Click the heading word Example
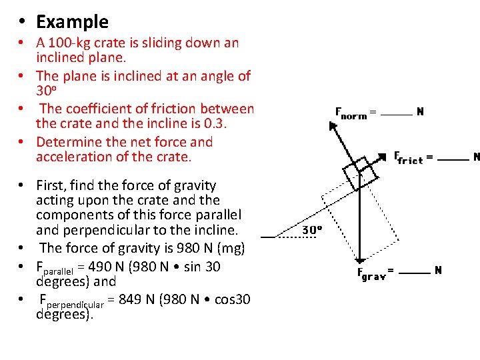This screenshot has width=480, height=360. (x=72, y=22)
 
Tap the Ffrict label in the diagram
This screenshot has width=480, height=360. (x=409, y=158)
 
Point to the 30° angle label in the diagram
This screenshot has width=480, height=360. (x=313, y=229)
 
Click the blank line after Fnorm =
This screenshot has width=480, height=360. (x=398, y=115)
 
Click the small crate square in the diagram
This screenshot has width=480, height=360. (x=360, y=170)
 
